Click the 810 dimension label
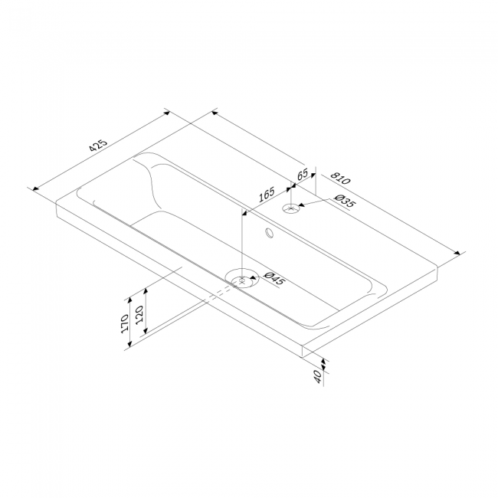tap(340, 179)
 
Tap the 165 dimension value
tap(266, 195)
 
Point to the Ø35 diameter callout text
tap(344, 201)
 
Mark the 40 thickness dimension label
tap(318, 377)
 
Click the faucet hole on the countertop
tap(290, 209)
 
